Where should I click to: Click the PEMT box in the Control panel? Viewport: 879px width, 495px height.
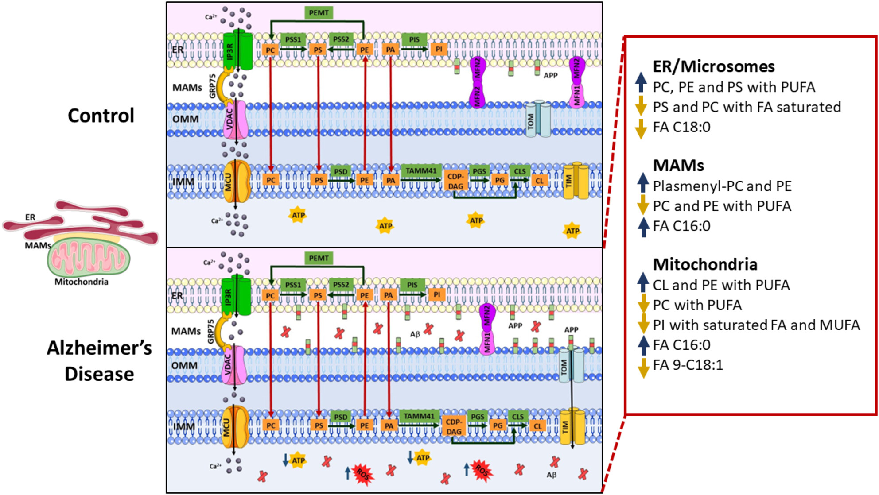pos(319,12)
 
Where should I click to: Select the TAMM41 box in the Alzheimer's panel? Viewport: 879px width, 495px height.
pos(419,416)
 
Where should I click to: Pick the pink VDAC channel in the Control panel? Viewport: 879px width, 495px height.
pos(235,120)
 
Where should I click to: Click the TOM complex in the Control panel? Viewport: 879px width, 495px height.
pos(538,119)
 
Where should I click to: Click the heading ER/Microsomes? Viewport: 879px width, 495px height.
pos(714,66)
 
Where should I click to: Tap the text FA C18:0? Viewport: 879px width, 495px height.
pos(681,127)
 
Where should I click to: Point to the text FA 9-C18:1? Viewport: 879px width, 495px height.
pos(688,365)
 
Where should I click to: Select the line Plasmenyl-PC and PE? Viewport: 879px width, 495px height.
pos(722,186)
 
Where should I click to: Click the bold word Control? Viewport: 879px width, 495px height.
pos(101,116)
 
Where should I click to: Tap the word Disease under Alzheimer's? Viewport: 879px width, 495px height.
pos(99,374)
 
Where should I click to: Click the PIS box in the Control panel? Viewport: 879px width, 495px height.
pos(414,39)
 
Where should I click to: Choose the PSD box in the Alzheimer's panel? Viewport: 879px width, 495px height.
pos(341,417)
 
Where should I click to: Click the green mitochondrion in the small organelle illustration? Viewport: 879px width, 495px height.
pos(89,259)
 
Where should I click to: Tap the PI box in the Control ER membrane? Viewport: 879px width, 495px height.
pos(439,49)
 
